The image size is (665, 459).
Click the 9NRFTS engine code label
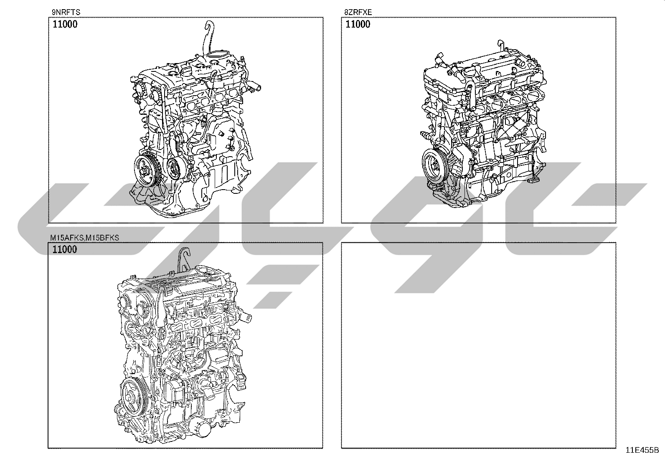[x=66, y=12]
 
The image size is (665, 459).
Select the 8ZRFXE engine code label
[x=358, y=12]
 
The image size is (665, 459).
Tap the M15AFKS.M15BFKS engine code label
[x=85, y=238]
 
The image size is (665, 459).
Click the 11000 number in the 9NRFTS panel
[x=65, y=24]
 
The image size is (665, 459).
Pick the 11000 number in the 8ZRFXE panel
[x=358, y=24]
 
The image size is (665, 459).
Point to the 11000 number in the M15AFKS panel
[x=65, y=249]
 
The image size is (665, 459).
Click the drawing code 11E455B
[x=642, y=450]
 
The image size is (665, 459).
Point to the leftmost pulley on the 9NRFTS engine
[x=146, y=172]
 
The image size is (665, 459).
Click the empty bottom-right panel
[x=478, y=345]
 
